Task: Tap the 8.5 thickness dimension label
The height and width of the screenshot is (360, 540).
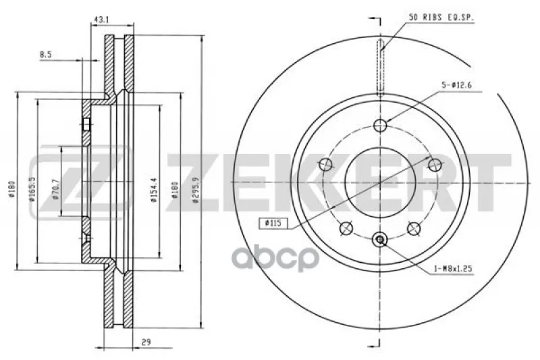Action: point(46,55)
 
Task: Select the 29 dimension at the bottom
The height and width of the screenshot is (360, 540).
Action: point(146,342)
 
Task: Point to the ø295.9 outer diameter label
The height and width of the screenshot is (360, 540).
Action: point(196,192)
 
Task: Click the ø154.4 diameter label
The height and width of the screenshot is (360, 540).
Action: point(154,190)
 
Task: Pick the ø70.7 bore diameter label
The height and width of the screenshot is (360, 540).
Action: point(56,189)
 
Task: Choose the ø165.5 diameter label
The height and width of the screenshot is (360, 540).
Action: point(32,189)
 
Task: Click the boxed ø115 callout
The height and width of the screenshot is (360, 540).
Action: point(273,224)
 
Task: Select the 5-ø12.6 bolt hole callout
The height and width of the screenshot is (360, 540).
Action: point(456,84)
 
